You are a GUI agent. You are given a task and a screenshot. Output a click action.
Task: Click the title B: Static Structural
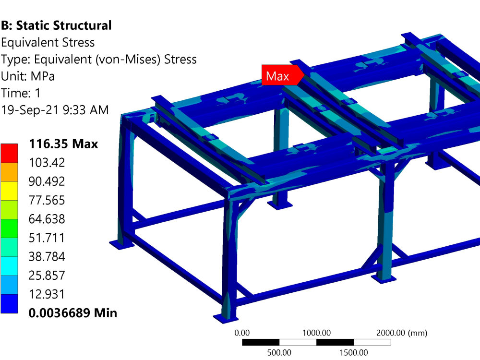coord(56,25)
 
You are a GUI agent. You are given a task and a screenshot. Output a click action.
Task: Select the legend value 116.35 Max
coord(63,144)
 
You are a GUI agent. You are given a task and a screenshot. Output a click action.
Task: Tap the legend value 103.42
coord(47,163)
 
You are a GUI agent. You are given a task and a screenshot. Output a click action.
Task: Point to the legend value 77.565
coord(47,200)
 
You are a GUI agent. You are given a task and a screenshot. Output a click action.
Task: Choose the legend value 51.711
coord(47,238)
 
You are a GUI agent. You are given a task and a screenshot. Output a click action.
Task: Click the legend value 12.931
coord(47,294)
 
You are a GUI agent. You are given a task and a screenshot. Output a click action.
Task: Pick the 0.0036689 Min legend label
coord(73,313)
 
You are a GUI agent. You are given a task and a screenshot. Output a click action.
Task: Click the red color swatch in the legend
coord(9,153)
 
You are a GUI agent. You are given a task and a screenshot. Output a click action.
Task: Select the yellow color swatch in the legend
coord(9,191)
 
